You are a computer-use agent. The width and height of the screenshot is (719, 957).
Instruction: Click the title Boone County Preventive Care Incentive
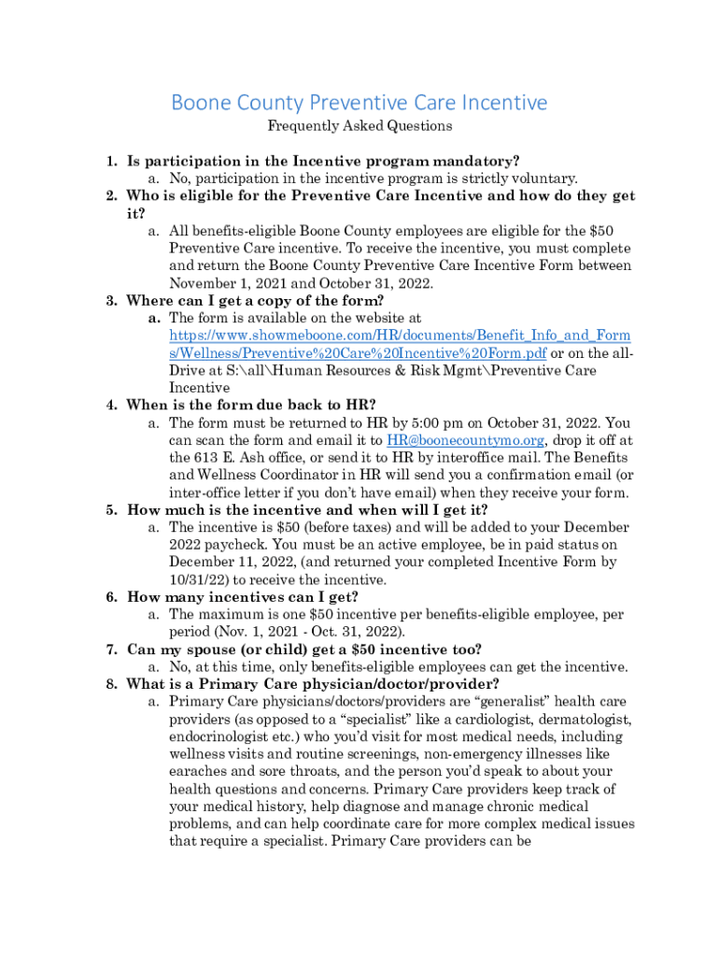coord(359,102)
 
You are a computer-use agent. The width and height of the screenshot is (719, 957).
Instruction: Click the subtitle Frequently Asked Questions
coord(359,125)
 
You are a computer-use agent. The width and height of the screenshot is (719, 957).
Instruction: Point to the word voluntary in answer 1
coord(542,178)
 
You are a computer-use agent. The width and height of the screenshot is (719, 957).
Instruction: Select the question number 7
coord(110,650)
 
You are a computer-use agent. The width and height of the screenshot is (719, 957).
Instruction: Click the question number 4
coord(110,405)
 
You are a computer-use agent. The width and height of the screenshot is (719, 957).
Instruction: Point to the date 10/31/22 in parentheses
coord(197,579)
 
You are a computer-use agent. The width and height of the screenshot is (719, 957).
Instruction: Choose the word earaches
coord(199,771)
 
